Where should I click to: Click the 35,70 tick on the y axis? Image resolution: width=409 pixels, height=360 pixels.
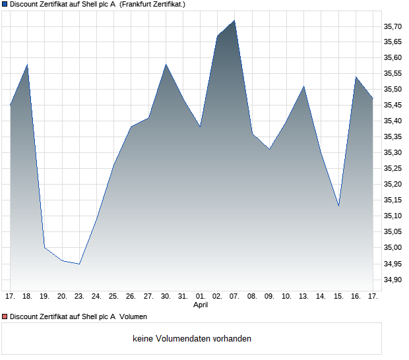[393, 26]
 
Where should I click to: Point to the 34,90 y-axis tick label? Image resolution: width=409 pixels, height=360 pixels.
[393, 280]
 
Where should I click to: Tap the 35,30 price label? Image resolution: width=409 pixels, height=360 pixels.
[393, 153]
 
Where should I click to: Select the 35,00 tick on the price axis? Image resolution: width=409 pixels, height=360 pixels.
[393, 248]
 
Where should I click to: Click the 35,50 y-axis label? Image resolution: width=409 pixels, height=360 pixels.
[393, 90]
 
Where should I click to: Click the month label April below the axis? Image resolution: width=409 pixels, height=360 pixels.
[201, 305]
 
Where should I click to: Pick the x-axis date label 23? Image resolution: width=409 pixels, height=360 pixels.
[79, 297]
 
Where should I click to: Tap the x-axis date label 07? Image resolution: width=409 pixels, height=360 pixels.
[235, 297]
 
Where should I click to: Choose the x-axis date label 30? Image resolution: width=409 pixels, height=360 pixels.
[166, 297]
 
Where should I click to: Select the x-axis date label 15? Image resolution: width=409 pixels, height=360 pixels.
[338, 297]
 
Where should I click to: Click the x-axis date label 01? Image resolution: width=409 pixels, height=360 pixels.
[201, 297]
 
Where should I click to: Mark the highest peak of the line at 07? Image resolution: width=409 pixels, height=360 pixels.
[235, 20]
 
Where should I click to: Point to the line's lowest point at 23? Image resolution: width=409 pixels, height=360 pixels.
[79, 264]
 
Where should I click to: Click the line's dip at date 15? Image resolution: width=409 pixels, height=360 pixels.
[338, 206]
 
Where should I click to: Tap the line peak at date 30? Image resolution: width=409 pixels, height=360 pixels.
[166, 65]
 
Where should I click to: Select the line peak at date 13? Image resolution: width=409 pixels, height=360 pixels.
[304, 86]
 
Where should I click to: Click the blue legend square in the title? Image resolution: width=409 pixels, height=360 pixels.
[5, 4]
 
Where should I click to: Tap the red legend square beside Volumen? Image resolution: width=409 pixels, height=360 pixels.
[5, 316]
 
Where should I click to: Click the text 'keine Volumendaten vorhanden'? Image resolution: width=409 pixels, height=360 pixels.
[192, 339]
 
